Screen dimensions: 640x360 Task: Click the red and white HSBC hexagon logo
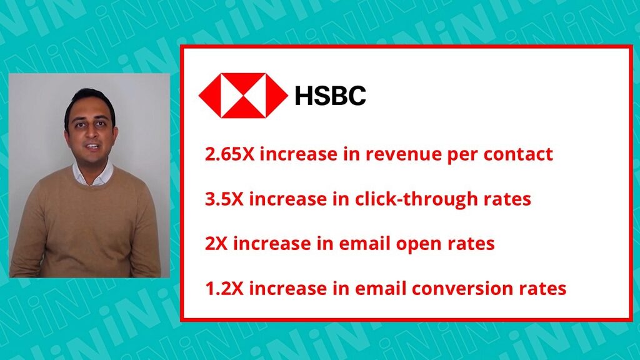(243, 96)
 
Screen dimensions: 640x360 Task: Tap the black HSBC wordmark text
(330, 96)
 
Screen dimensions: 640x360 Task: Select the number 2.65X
(229, 154)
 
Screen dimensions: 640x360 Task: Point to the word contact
(518, 154)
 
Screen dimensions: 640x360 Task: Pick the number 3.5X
(224, 199)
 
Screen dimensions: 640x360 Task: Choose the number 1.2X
(224, 289)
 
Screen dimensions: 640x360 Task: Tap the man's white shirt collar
(92, 173)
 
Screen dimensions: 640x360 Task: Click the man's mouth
(92, 147)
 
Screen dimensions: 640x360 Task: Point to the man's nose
(91, 132)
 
